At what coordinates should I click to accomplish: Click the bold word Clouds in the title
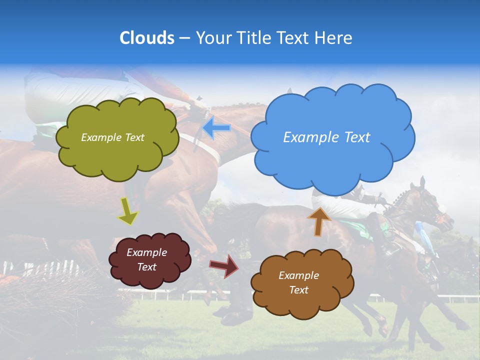pyautogui.click(x=147, y=38)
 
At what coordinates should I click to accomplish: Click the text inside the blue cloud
pyautogui.click(x=326, y=137)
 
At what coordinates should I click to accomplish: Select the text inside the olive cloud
pyautogui.click(x=112, y=137)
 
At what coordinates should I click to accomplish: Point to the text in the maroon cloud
pyautogui.click(x=147, y=259)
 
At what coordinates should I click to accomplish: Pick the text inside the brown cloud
pyautogui.click(x=298, y=282)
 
